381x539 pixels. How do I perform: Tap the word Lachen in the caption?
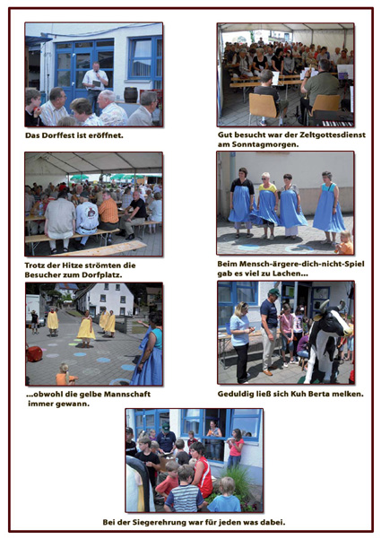tap(287, 274)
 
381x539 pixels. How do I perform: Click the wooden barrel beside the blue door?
tap(131, 94)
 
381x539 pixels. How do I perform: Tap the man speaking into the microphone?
tap(95, 83)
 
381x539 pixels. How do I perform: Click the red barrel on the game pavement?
tap(34, 354)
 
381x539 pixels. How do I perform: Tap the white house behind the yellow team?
tap(108, 299)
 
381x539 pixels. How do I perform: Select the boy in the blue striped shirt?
tap(185, 491)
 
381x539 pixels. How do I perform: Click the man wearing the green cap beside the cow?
tap(270, 331)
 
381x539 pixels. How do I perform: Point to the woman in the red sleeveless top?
tap(202, 470)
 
